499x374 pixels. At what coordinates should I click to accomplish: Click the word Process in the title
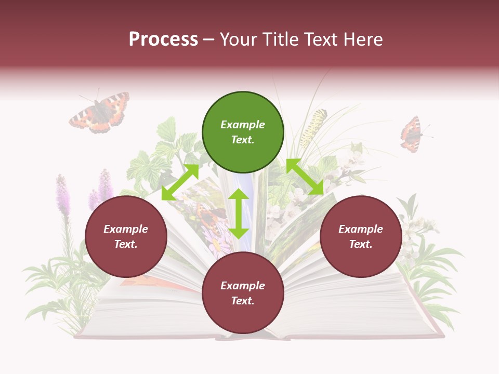pyautogui.click(x=163, y=39)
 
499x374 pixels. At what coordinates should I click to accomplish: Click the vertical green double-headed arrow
pyautogui.click(x=239, y=213)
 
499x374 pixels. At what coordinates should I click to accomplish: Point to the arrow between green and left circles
pyautogui.click(x=180, y=182)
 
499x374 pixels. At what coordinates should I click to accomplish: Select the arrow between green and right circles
pyautogui.click(x=305, y=177)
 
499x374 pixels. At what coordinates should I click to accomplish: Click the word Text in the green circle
pyautogui.click(x=242, y=140)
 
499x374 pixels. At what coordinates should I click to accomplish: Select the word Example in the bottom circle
pyautogui.click(x=243, y=286)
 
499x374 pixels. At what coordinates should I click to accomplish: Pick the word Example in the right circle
pyautogui.click(x=361, y=229)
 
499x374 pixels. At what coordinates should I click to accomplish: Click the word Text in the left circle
pyautogui.click(x=126, y=244)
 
